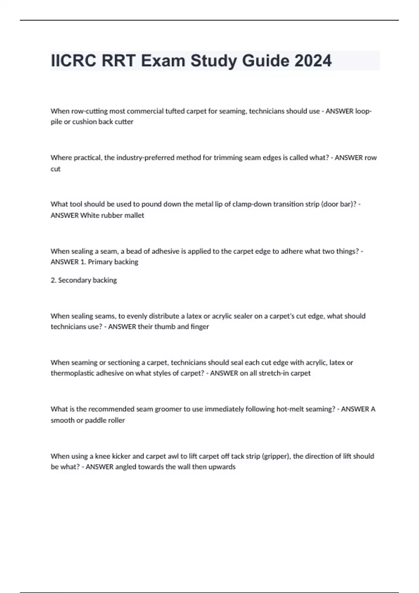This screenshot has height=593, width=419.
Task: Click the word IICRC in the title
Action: click(74, 61)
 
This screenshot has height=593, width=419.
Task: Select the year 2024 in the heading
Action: click(313, 61)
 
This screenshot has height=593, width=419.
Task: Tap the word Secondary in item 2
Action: click(73, 280)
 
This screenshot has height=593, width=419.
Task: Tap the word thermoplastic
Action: click(73, 373)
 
